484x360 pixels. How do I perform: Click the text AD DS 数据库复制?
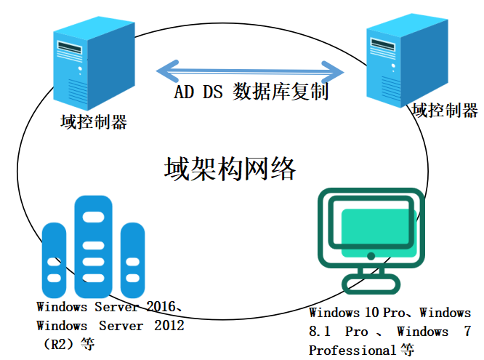click(251, 92)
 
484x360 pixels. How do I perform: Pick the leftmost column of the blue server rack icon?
click(55, 255)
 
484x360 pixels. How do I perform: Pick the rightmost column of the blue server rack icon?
click(132, 255)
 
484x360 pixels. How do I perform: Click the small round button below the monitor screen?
click(371, 256)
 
